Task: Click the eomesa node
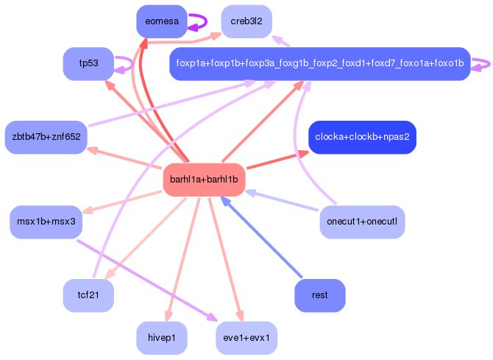pos(162,21)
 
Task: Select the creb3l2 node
pos(246,21)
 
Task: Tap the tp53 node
pos(88,63)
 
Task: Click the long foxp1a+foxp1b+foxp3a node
pos(320,63)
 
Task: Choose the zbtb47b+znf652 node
pos(46,137)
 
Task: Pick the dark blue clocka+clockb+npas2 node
pos(362,137)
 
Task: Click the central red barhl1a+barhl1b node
pos(204,180)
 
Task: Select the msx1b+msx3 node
pos(46,222)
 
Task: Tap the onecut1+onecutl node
pos(362,222)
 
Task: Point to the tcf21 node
pos(88,295)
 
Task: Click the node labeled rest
pos(320,295)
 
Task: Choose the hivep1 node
pos(162,338)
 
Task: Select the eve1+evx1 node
pos(246,338)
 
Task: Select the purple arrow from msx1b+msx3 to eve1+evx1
pos(147,280)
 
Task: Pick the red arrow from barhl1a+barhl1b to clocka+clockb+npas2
pos(278,160)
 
